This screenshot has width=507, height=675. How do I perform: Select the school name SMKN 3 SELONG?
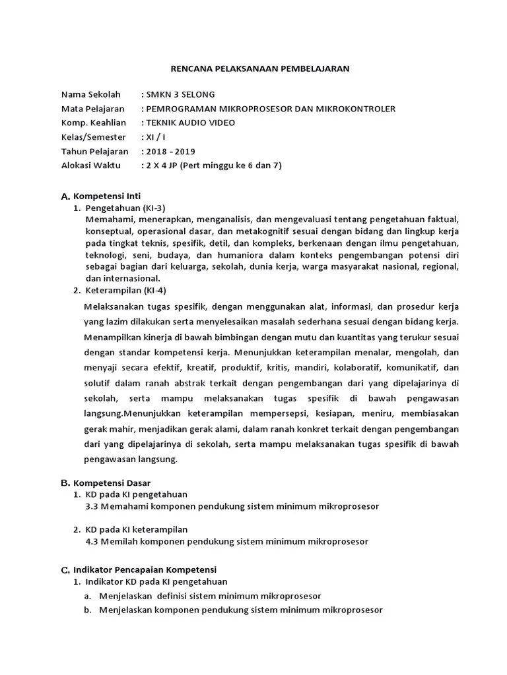(x=180, y=94)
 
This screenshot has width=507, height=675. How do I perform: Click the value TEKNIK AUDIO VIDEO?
(x=189, y=123)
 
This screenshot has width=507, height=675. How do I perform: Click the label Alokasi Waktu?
(x=91, y=165)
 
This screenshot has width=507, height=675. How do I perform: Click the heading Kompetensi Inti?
(x=106, y=196)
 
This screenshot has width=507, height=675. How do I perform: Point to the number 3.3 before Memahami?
(x=92, y=506)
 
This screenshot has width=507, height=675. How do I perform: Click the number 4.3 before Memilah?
(x=92, y=541)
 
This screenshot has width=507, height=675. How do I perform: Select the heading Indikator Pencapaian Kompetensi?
(x=145, y=569)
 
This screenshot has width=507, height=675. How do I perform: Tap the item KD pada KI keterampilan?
(x=137, y=529)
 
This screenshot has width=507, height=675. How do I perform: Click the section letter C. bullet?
(x=65, y=570)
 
